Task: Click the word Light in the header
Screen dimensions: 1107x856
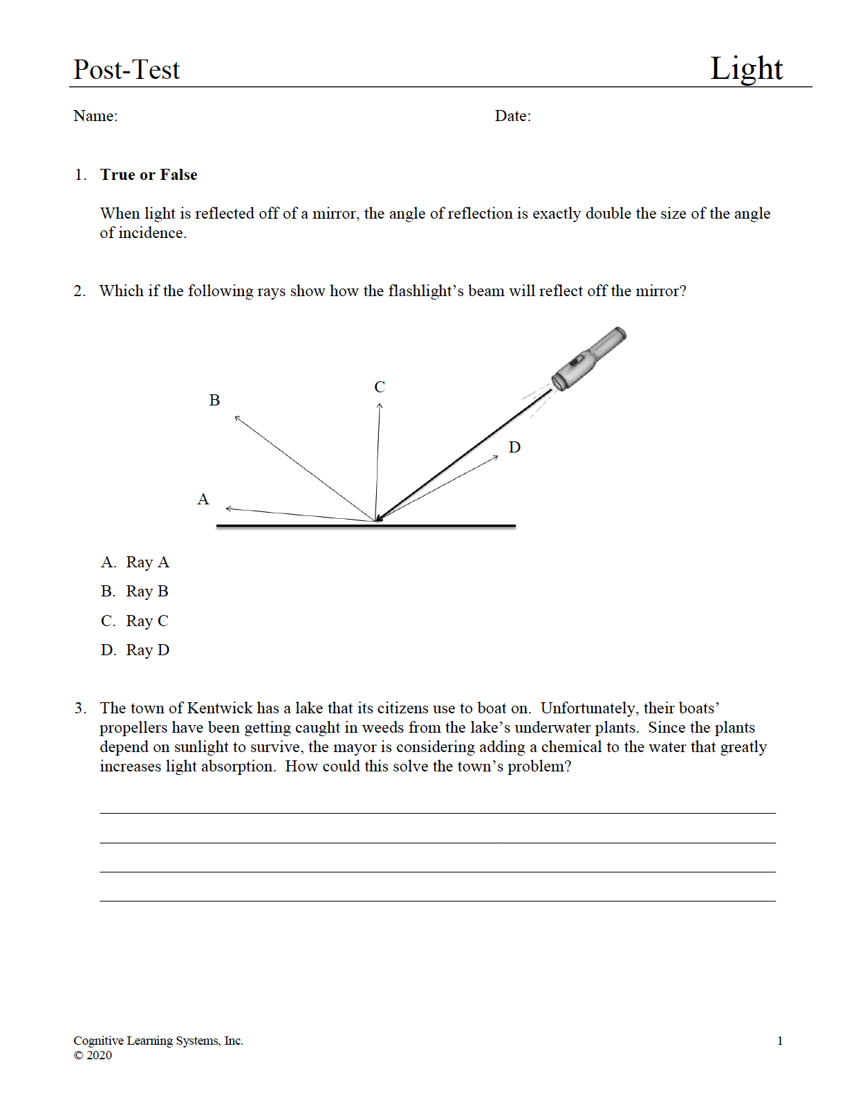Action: (x=746, y=68)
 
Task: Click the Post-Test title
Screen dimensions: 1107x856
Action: (x=127, y=70)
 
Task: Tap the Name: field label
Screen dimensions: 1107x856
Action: (x=95, y=116)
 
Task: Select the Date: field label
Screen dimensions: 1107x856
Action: (x=512, y=116)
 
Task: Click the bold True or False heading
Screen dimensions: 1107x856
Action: (x=149, y=175)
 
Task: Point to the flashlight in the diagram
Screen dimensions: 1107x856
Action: (x=588, y=358)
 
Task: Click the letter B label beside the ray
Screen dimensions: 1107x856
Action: (x=214, y=401)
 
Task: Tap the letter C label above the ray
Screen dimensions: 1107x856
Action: (x=380, y=387)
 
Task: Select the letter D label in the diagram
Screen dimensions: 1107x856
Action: (x=514, y=448)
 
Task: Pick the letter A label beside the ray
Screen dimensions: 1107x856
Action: (x=203, y=500)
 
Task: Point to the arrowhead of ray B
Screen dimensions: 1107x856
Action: (x=237, y=418)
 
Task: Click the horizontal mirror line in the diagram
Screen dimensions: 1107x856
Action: (x=366, y=527)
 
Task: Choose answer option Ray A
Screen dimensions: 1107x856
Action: (x=147, y=562)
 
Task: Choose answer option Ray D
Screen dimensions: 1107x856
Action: (x=147, y=650)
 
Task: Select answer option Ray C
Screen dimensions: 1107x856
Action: (x=147, y=621)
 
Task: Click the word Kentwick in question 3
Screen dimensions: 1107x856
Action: (x=219, y=708)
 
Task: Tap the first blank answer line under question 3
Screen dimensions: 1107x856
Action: (x=437, y=812)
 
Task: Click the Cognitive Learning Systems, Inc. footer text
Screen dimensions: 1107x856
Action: (x=158, y=1041)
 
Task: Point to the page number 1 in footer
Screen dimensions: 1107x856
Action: (x=780, y=1041)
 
